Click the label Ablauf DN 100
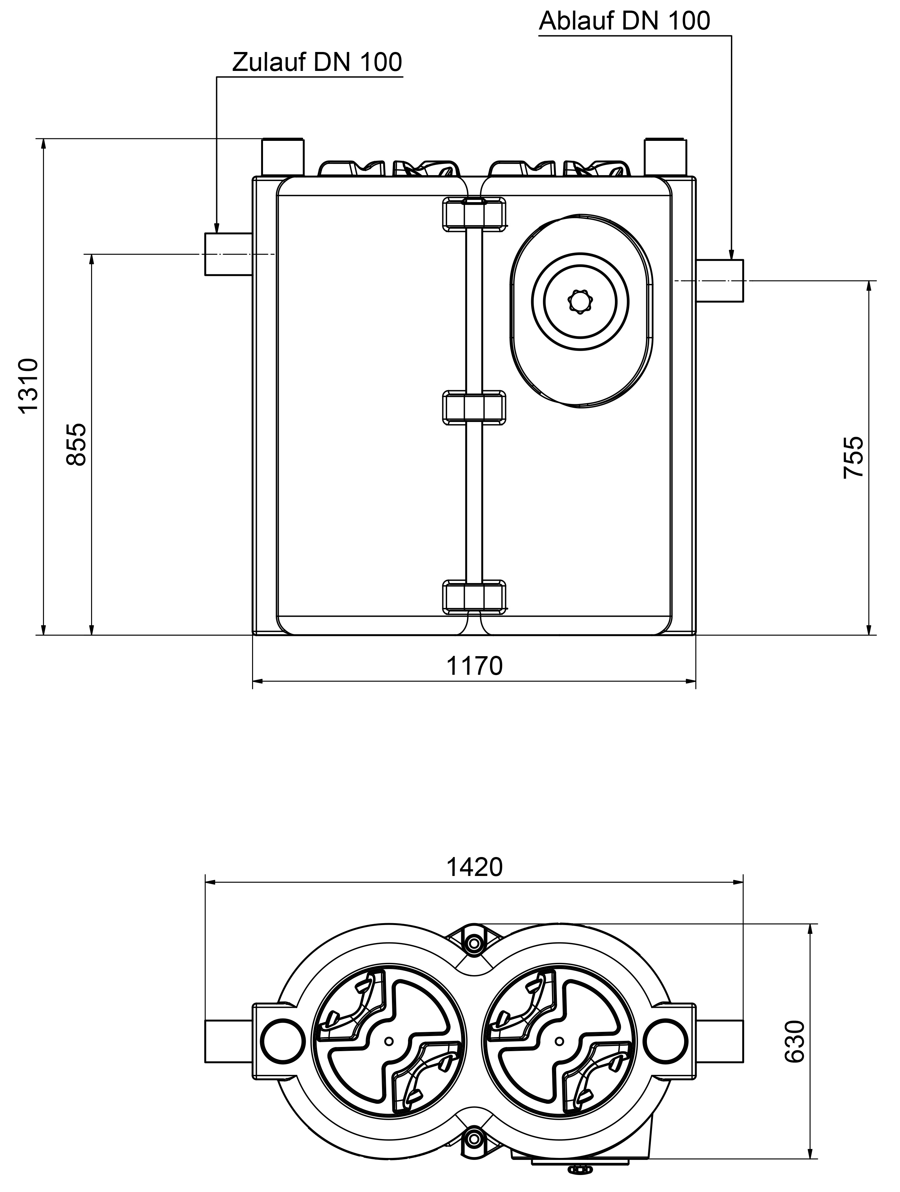624,21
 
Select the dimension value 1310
28,386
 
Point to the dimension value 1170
474,667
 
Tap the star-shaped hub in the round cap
580,302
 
